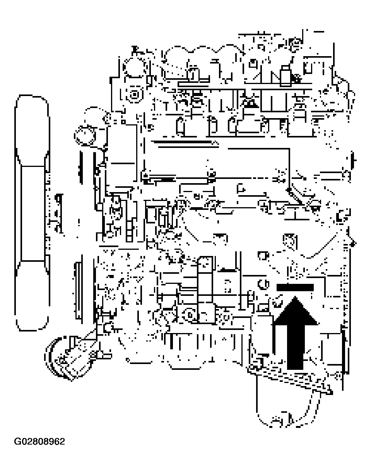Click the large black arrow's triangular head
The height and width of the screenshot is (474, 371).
pyautogui.click(x=295, y=311)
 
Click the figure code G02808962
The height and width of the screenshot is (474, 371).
pyautogui.click(x=39, y=441)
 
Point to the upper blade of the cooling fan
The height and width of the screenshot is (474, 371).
pyautogui.click(x=32, y=132)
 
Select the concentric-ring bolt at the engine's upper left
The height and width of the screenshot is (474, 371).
pyautogui.click(x=134, y=94)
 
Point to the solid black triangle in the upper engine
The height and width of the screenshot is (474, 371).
pyautogui.click(x=251, y=103)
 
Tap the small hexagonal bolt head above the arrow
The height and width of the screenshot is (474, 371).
pyautogui.click(x=289, y=240)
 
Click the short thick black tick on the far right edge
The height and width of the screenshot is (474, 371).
pyautogui.click(x=353, y=159)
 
